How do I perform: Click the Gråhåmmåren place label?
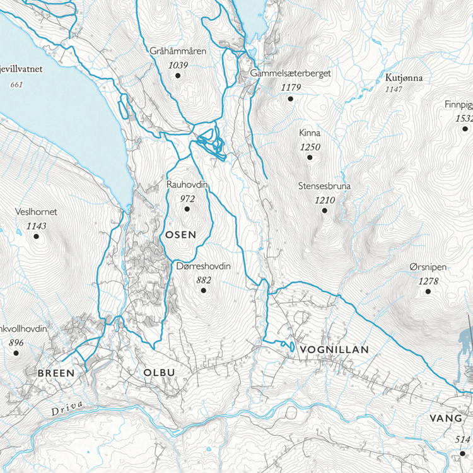click(178, 51)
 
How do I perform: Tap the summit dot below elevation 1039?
click(178, 76)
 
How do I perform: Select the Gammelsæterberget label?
click(291, 73)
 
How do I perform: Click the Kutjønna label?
click(403, 79)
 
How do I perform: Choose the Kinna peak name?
click(310, 134)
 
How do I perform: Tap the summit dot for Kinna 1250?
click(310, 158)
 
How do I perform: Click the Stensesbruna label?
click(324, 187)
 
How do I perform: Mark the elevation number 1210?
click(324, 200)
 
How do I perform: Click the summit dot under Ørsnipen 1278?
click(428, 291)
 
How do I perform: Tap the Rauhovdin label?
click(187, 185)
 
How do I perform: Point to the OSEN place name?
click(180, 235)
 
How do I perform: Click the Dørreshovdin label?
click(204, 267)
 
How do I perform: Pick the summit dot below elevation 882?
click(203, 291)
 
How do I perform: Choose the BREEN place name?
click(56, 373)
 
